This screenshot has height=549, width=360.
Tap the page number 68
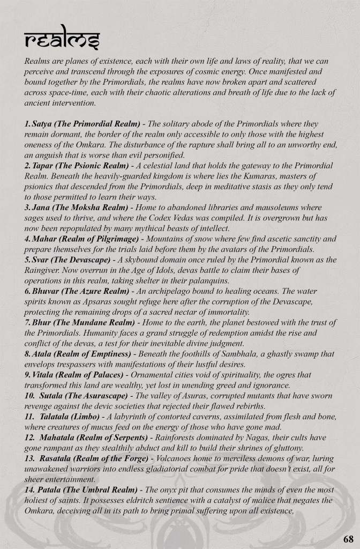pyautogui.click(x=347, y=538)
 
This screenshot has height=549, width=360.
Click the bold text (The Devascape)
pyautogui.click(x=74, y=259)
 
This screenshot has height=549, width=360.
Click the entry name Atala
pyautogui.click(x=43, y=354)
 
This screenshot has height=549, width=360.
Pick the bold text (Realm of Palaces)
pyautogui.click(x=82, y=375)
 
